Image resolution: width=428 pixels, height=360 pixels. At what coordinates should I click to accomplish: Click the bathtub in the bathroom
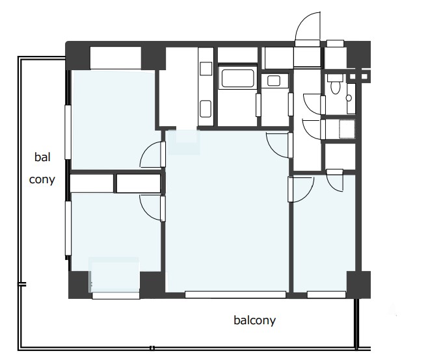click(x=237, y=78)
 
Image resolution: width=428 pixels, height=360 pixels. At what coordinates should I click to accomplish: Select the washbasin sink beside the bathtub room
click(x=274, y=81)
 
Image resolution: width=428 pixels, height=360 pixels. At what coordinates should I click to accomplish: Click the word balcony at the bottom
click(x=255, y=320)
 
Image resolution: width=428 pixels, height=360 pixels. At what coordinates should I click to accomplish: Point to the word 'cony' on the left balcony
click(x=42, y=179)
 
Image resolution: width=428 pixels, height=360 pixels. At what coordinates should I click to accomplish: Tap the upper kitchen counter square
click(x=206, y=68)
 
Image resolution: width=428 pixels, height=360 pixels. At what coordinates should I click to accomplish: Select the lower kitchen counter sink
click(x=206, y=109)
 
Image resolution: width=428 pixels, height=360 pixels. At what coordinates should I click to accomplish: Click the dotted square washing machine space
click(x=347, y=129)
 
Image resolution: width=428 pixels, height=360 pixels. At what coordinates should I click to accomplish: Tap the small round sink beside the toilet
click(x=349, y=98)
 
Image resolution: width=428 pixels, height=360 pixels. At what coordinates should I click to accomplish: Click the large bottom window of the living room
click(x=235, y=294)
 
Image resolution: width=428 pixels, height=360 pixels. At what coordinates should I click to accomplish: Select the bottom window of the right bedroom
click(x=327, y=294)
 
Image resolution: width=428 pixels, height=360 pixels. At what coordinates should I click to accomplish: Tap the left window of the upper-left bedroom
click(x=68, y=133)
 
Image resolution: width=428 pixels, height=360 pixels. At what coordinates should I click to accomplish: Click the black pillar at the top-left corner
click(x=78, y=56)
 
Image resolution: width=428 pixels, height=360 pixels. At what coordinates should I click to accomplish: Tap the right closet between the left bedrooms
click(x=139, y=183)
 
